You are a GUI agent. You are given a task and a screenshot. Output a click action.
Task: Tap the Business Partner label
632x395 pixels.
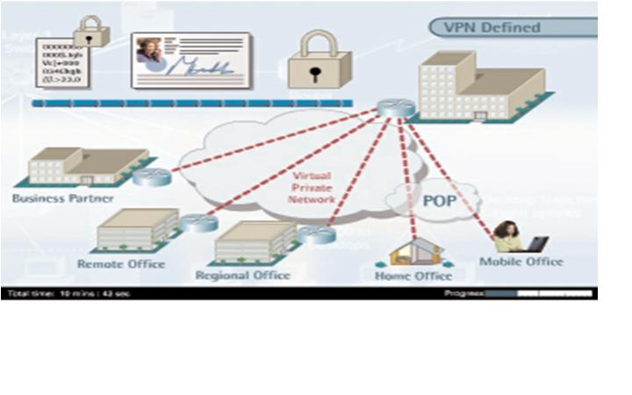62,198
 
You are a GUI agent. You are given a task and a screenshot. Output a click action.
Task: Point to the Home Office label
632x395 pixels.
413,276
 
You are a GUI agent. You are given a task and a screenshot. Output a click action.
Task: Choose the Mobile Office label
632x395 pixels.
521,262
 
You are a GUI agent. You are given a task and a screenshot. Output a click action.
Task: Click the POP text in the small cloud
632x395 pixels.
440,201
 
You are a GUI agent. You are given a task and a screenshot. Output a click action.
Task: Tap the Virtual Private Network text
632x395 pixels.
312,188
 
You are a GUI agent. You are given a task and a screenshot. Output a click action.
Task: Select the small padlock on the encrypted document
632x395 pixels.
90,32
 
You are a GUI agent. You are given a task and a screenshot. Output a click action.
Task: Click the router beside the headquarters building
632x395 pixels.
396,108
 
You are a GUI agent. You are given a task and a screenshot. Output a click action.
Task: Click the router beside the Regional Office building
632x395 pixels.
316,233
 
